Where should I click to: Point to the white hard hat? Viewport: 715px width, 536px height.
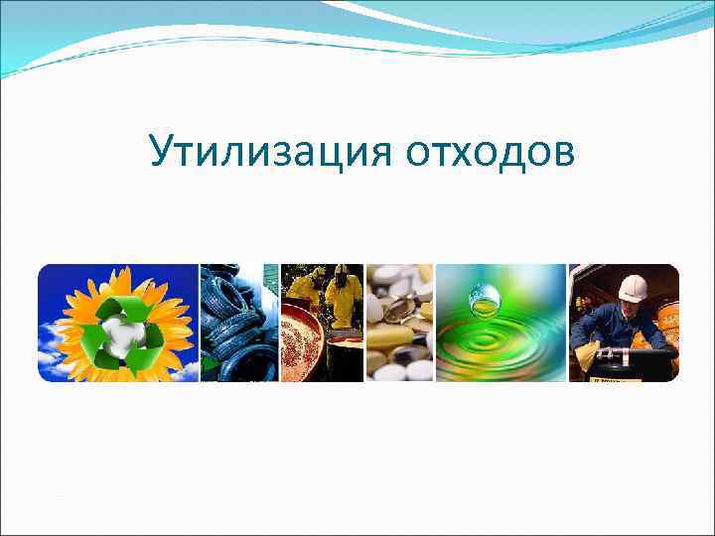point(632,287)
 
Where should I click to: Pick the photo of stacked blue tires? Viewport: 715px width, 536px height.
point(238,323)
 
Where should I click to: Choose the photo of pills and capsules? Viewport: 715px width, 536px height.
point(399,323)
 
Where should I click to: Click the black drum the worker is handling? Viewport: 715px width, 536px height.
point(636,362)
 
